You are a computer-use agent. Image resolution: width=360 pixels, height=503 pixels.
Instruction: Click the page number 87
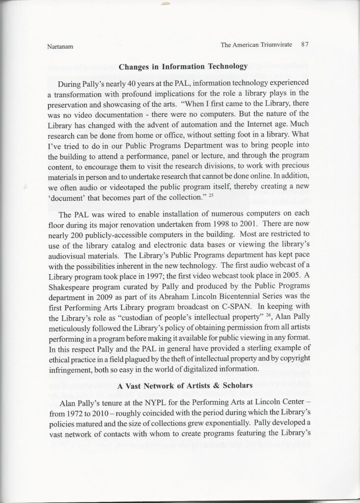tap(304, 44)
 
